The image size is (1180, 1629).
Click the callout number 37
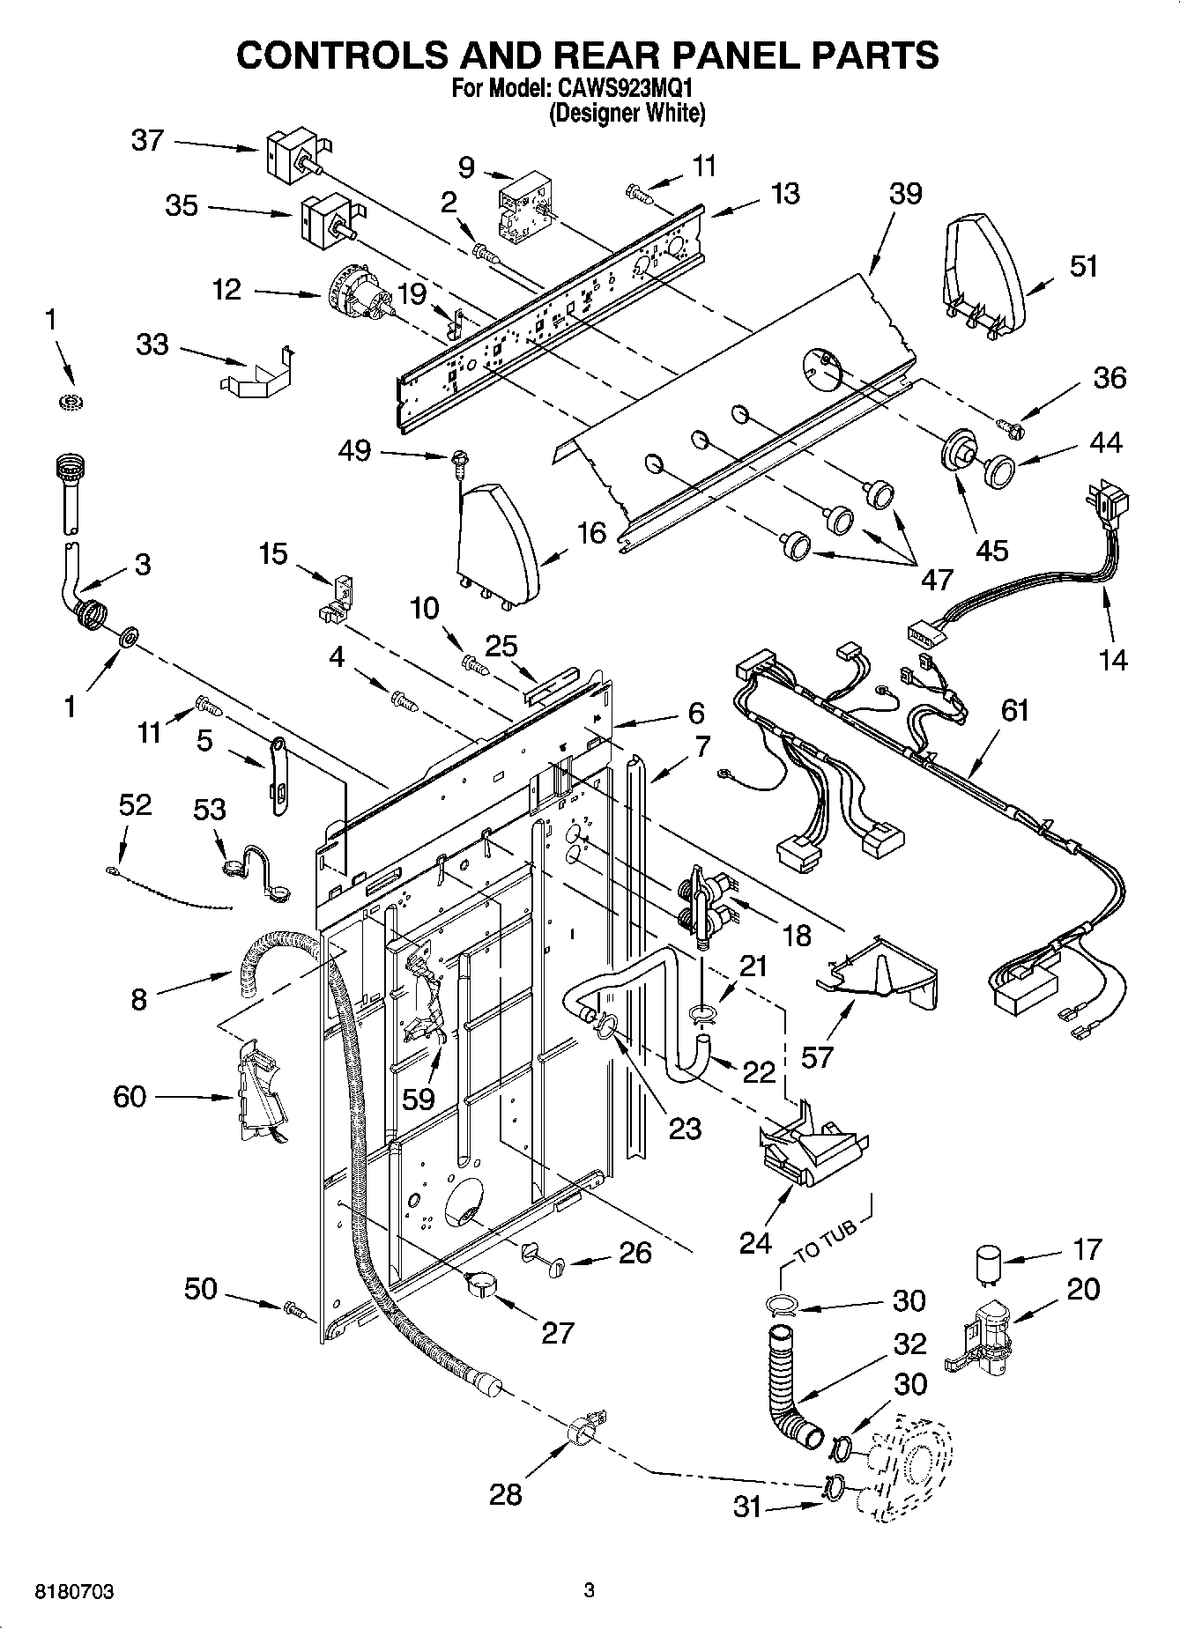147,140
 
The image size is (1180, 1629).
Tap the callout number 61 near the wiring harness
1014,710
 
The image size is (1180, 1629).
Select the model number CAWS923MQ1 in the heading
627,90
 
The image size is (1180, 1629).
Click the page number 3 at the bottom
589,1591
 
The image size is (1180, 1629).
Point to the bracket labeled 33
254,374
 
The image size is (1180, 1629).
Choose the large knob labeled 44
1000,470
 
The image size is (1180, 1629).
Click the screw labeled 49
458,458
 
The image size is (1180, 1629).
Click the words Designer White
627,114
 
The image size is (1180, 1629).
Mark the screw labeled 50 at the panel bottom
295,1312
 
